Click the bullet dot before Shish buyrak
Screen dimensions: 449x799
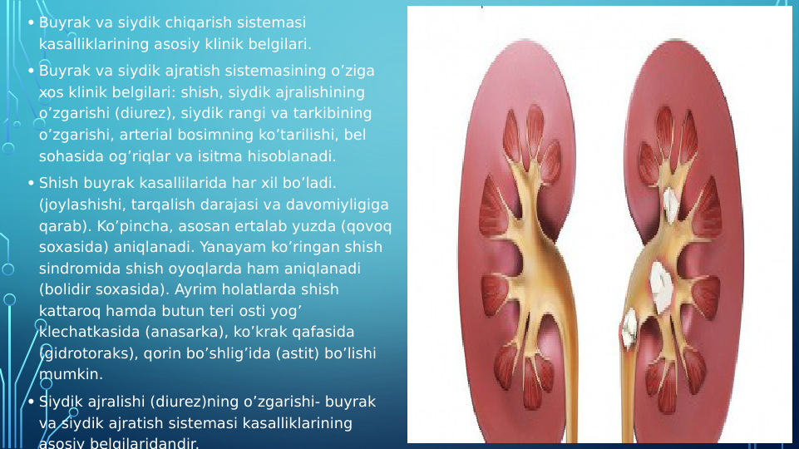coord(30,182)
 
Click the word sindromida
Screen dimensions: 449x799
coord(73,269)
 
